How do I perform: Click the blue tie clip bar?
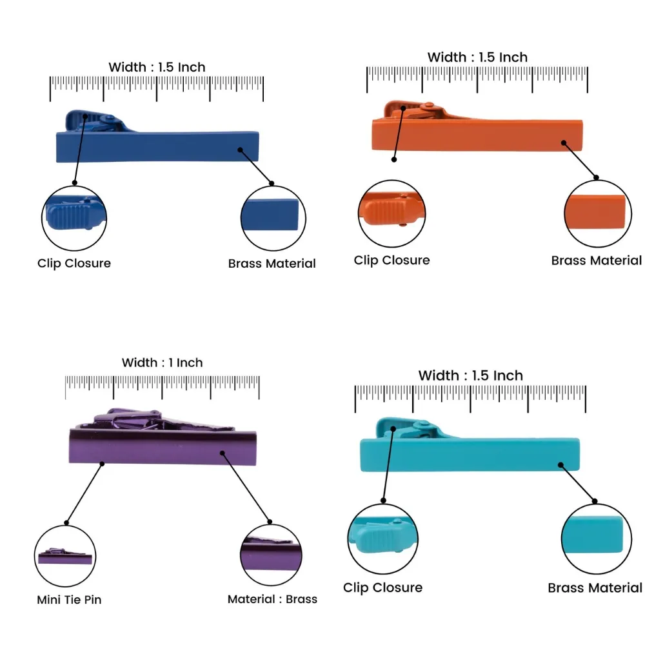pos(157,146)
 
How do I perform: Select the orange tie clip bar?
pos(477,135)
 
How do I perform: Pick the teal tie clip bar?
pos(470,453)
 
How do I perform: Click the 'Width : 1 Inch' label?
pos(162,362)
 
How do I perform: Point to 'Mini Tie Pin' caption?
pos(69,599)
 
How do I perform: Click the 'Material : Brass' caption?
pos(272,599)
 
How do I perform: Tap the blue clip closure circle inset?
pos(74,218)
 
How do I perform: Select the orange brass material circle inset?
pos(597,213)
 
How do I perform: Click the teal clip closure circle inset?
pos(383,539)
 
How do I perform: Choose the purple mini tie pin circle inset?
pos(65,556)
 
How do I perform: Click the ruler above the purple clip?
pos(162,387)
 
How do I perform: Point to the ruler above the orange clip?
pos(477,79)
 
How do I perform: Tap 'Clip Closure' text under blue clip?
pos(74,263)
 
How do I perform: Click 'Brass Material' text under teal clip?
pos(595,588)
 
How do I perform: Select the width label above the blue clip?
pos(157,67)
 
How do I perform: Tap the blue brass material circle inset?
pos(273,218)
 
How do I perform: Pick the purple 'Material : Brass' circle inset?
pos(271,555)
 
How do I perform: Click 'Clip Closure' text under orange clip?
pos(392,260)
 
